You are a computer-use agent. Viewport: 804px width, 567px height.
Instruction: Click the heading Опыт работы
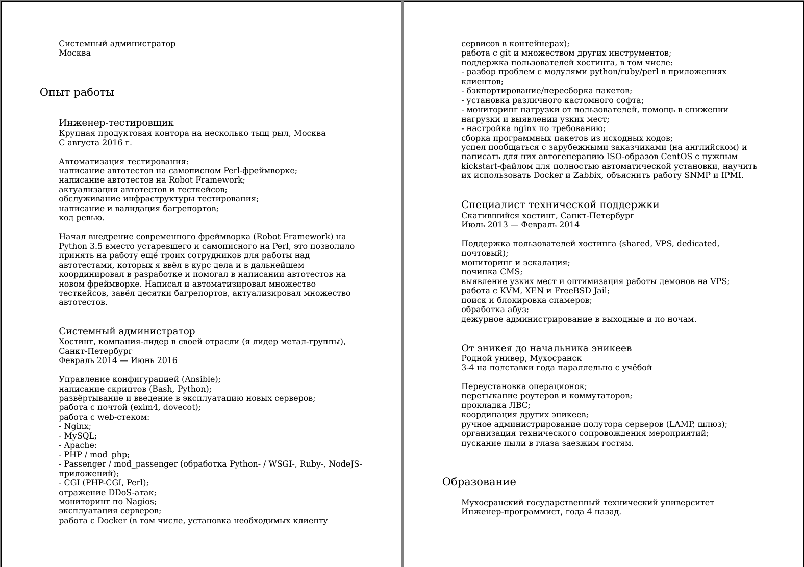(x=77, y=92)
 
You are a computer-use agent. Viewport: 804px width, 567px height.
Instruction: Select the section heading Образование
(x=479, y=482)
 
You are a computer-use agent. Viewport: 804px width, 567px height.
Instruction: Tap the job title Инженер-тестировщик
(x=116, y=123)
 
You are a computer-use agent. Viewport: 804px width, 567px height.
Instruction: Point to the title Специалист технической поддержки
(x=560, y=205)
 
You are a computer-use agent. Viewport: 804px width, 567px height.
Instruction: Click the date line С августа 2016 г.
(x=95, y=143)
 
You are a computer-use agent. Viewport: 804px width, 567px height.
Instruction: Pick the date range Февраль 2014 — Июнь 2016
(x=118, y=360)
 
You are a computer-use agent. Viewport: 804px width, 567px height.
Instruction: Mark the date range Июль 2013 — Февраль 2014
(x=520, y=225)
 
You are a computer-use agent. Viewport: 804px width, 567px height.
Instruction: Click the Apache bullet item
(x=80, y=445)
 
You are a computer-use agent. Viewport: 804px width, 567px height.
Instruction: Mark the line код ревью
(x=82, y=218)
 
